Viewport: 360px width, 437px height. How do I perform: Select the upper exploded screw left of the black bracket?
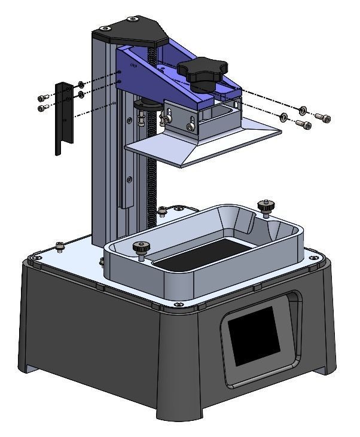(41, 97)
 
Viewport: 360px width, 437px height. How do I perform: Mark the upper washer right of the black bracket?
(81, 84)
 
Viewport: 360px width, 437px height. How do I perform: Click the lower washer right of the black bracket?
(81, 94)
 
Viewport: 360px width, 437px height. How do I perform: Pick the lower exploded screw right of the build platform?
(304, 125)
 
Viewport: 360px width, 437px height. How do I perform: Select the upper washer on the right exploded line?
(303, 109)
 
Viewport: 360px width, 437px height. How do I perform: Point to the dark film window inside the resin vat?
(197, 251)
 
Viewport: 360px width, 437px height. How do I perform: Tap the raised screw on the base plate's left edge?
(60, 246)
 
